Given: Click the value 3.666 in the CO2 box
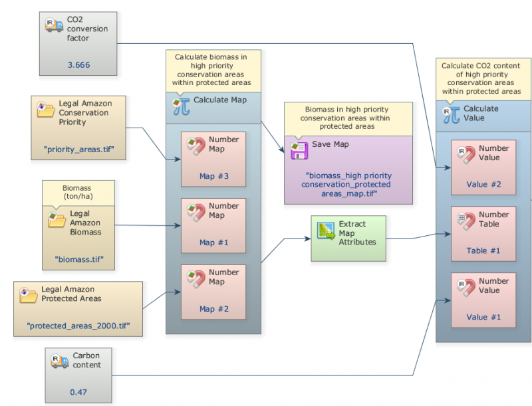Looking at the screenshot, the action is coord(78,64).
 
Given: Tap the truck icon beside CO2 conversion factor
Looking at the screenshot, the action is coord(55,25).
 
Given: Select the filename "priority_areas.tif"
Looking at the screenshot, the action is coord(78,150).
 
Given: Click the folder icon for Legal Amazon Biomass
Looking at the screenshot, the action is coord(57,219).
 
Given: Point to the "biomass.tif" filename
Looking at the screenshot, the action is coord(79,260).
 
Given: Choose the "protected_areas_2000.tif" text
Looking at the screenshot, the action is coord(78,326).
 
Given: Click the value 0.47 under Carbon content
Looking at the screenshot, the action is coord(78,392).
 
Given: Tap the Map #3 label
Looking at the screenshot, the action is coord(214,176).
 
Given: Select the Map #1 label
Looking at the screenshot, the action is coord(214,243).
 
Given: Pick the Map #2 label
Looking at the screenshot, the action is coord(214,309).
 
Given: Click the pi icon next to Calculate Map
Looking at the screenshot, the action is coord(181,106).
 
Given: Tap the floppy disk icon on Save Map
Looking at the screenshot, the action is coord(299,151).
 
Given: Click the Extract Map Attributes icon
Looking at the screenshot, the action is coord(326,231).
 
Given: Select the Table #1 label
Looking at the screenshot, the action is coord(483,251).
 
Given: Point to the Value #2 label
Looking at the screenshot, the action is coord(483,184).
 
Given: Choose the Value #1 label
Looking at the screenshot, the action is coord(483,317).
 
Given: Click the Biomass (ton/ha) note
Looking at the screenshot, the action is coord(77,192).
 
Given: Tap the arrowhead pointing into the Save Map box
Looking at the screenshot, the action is coord(282,150).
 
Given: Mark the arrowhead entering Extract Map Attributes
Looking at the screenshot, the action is coord(308,239).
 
